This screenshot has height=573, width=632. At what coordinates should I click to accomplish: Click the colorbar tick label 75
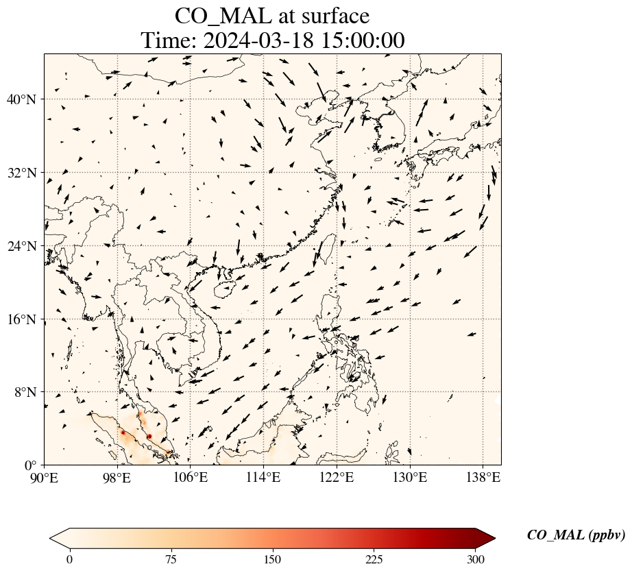[x=171, y=559]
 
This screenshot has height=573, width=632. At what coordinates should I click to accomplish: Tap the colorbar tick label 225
[x=374, y=559]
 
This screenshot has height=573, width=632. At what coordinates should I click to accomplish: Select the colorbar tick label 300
[x=476, y=559]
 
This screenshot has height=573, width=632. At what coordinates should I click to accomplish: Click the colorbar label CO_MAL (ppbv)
[x=576, y=535]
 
